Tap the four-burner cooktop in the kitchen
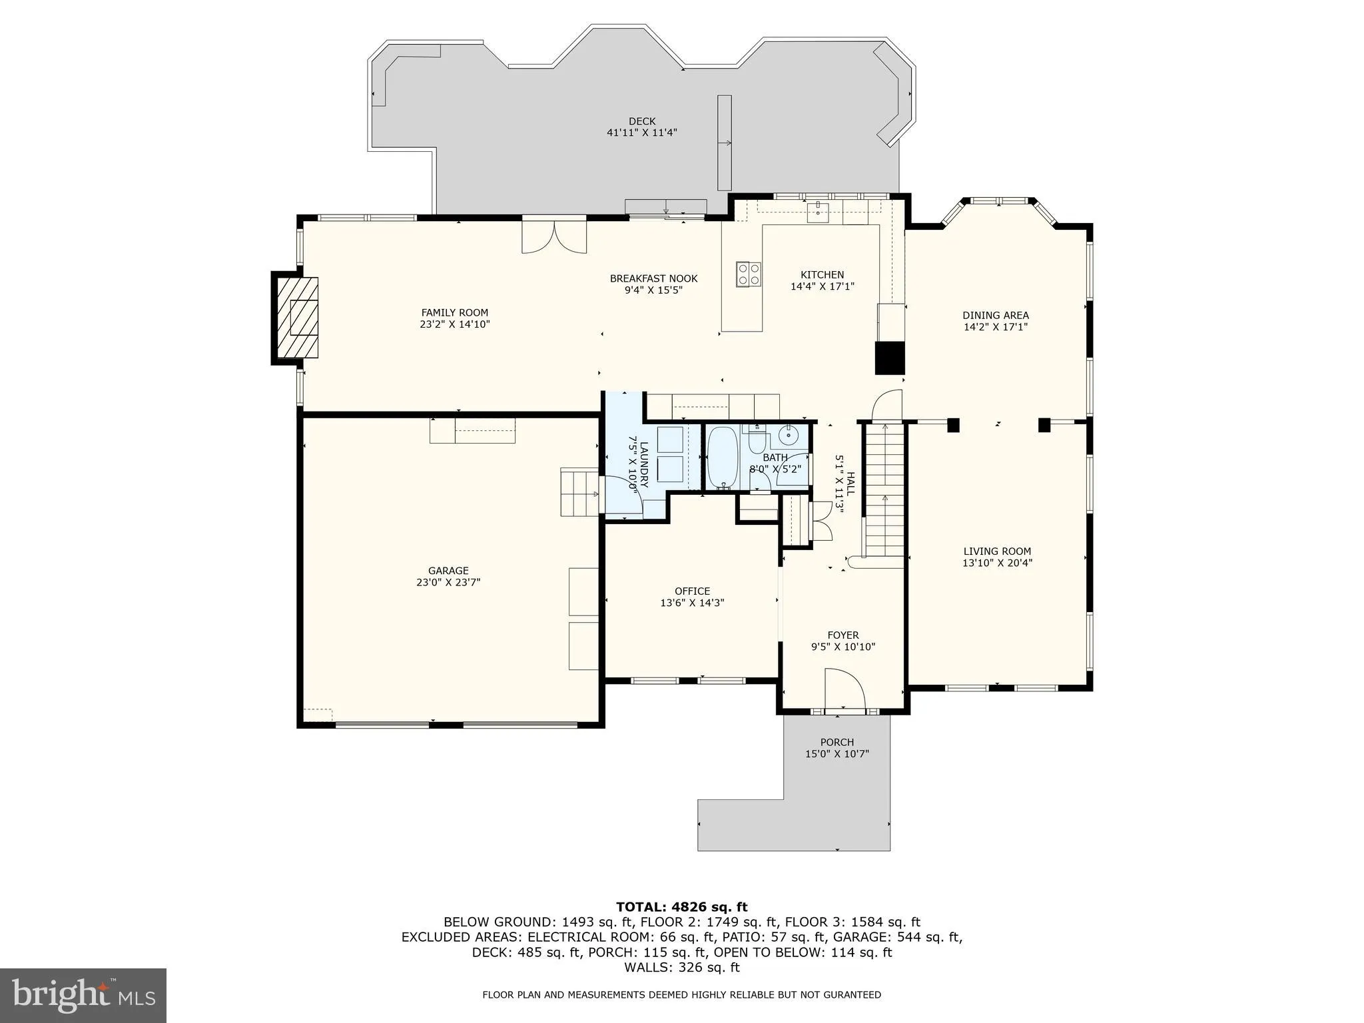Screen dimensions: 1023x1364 coord(748,274)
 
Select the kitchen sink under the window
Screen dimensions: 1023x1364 coord(817,212)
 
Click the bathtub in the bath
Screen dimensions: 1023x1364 coord(721,458)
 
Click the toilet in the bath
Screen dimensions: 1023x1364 coord(758,441)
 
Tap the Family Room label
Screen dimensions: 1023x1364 coord(454,312)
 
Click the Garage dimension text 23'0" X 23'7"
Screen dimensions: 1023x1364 coord(448,582)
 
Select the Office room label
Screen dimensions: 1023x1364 coord(692,591)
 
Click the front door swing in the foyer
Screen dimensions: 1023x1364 coord(845,689)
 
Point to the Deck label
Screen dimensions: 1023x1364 coord(642,121)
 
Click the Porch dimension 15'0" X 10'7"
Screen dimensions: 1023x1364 coord(837,754)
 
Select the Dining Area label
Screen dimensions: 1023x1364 coord(995,315)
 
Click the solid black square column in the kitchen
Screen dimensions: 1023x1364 coord(889,357)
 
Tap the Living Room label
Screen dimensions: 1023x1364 coord(997,551)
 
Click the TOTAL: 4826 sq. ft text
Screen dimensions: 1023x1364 coord(681,906)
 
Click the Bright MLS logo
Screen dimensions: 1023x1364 coord(83,995)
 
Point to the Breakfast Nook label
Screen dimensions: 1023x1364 coord(653,278)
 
